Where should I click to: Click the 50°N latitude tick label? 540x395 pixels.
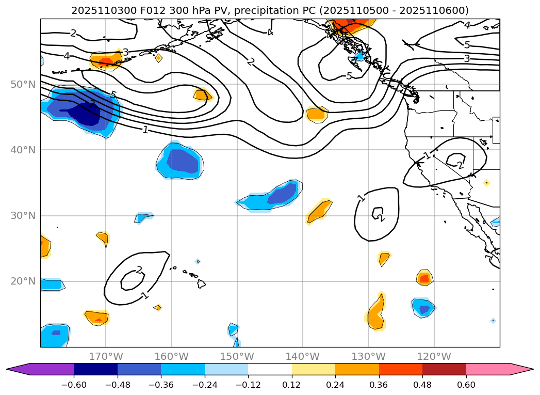coord(23,84)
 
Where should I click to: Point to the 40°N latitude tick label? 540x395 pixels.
coord(23,150)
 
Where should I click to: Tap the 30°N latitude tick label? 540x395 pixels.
coord(23,215)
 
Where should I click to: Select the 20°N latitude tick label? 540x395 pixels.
coord(23,281)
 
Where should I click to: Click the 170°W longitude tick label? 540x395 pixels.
coord(106,356)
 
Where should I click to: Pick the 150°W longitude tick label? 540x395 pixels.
coord(237,356)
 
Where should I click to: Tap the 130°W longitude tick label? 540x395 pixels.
coord(368,356)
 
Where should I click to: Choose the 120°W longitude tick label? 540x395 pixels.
coord(434,356)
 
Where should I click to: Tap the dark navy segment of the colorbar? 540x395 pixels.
coord(95,369)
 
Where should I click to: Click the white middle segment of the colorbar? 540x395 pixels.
coord(270,369)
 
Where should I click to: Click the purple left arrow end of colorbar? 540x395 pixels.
coord(21,369)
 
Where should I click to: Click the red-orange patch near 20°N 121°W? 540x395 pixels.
coord(424,278)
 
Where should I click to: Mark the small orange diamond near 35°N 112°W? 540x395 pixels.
coord(486,182)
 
